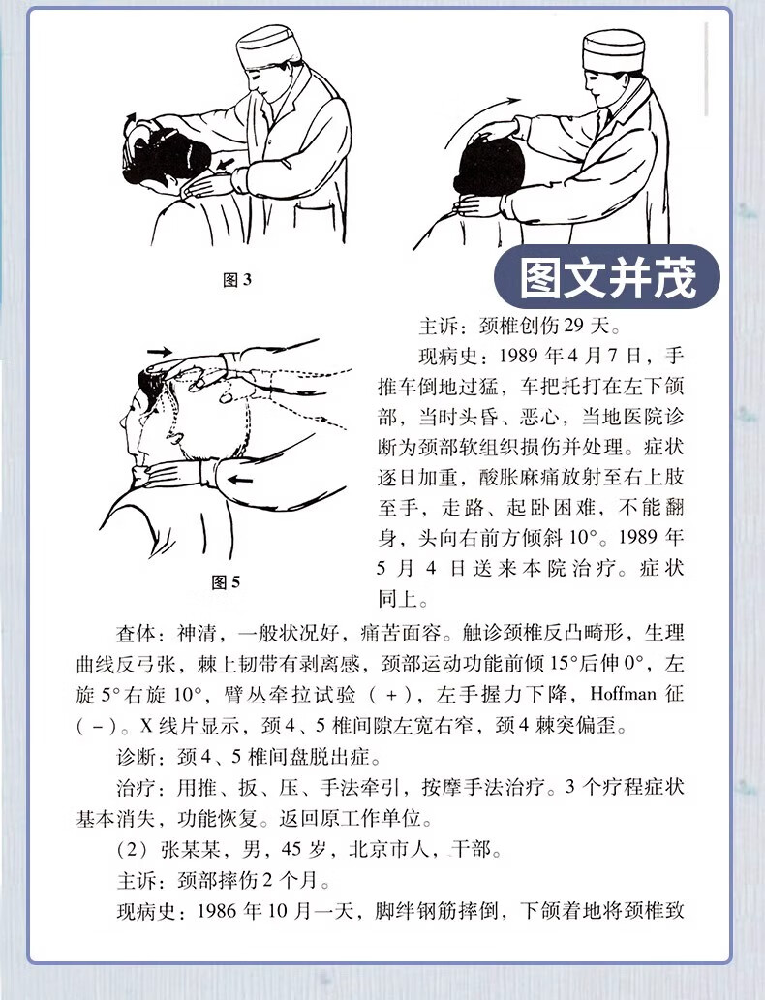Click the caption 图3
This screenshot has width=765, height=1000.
237,279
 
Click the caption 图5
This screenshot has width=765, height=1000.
226,581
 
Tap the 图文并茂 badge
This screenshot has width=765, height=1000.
607,277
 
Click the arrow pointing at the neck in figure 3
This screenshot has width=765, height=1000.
226,164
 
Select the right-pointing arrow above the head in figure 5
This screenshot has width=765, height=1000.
160,351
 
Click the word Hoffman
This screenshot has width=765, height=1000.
624,693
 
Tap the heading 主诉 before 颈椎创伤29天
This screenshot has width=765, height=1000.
439,326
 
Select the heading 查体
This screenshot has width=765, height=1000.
137,634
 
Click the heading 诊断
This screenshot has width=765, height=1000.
137,757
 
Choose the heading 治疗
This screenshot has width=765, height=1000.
137,787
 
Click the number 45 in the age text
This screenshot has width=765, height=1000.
291,849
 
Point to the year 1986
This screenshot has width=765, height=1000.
217,911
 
